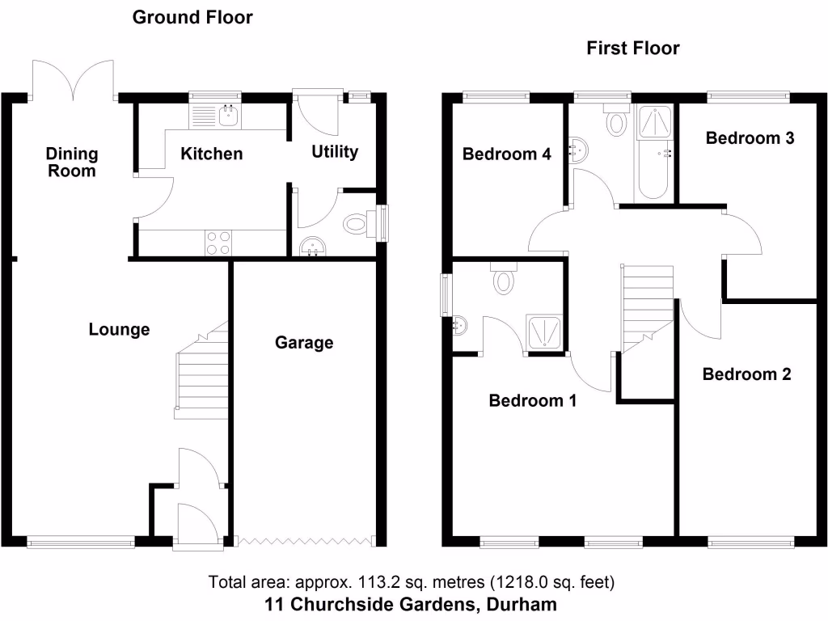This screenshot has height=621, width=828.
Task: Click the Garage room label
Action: pos(304,343)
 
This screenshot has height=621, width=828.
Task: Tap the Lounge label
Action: pos(119,330)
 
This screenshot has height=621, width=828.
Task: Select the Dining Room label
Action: pos(71,162)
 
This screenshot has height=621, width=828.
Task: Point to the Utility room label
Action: pos(335,152)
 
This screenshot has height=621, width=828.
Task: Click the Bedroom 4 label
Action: pos(506,154)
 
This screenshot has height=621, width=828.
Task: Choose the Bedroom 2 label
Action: pos(746,374)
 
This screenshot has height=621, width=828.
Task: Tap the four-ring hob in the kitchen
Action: pos(218,243)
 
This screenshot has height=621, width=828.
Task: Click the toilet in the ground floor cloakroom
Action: pos(357,224)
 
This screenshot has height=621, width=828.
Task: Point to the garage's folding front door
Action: pos(305,539)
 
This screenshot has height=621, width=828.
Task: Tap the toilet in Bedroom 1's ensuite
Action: pos(504,279)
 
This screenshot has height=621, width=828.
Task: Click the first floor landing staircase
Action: pos(647,307)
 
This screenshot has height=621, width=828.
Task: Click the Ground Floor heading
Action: pos(192,17)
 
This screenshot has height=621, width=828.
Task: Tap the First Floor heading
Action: pos(632,49)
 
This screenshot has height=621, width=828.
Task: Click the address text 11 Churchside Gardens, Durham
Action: pos(411,604)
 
